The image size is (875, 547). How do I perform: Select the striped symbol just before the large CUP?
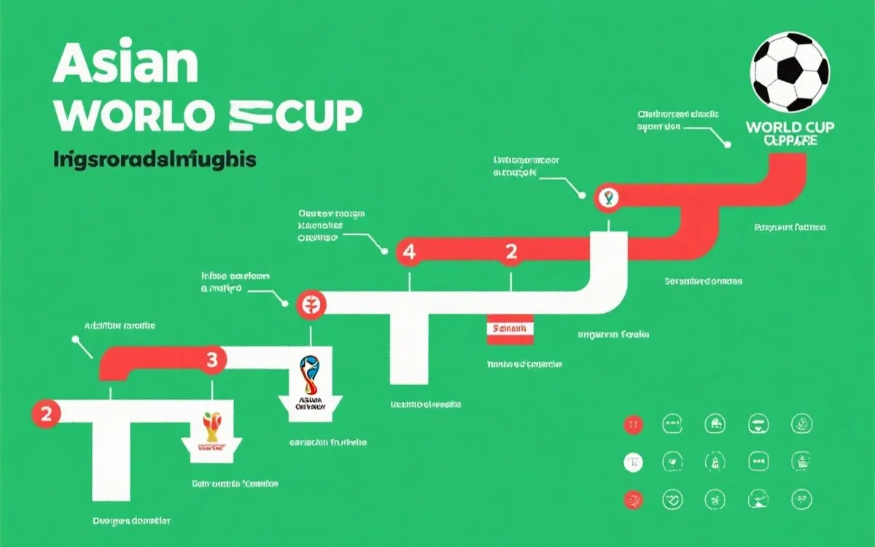[257, 115]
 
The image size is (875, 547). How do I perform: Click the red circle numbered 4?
[408, 252]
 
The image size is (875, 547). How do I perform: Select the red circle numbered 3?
[212, 359]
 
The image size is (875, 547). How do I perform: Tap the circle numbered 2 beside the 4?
[511, 252]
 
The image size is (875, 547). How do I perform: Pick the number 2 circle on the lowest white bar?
[46, 414]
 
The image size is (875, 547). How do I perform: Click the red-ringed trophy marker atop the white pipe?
[607, 198]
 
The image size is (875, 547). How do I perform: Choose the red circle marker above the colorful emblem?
[309, 305]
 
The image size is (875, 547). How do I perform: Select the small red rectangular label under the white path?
[510, 330]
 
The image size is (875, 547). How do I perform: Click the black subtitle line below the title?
[155, 160]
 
